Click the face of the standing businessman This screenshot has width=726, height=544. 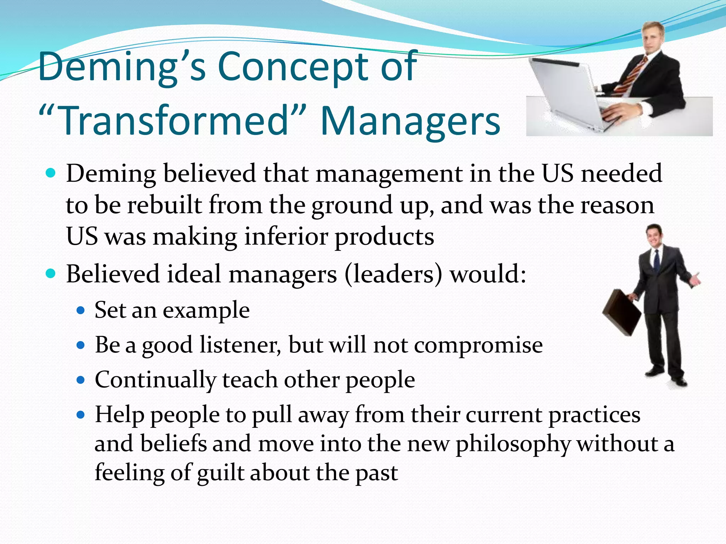(654, 237)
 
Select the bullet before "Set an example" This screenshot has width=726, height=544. (81, 311)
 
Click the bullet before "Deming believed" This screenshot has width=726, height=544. (51, 174)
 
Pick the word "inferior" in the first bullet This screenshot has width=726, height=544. (286, 237)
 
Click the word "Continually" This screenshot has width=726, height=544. (155, 380)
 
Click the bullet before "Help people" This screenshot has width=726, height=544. (81, 414)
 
